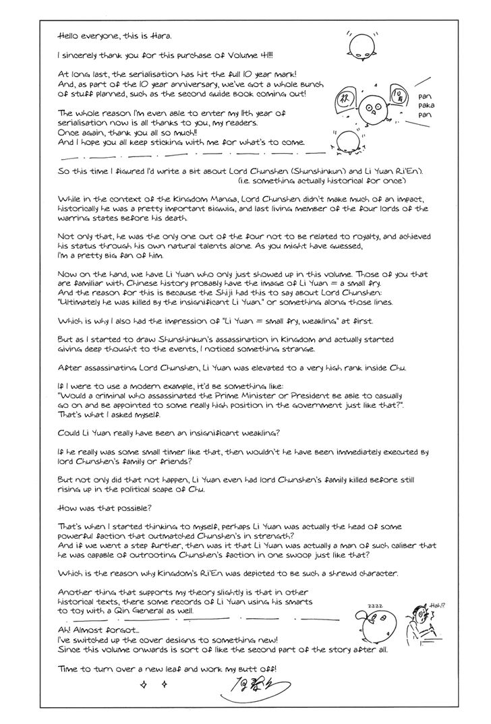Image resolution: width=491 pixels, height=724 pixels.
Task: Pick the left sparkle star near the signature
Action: point(142,685)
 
